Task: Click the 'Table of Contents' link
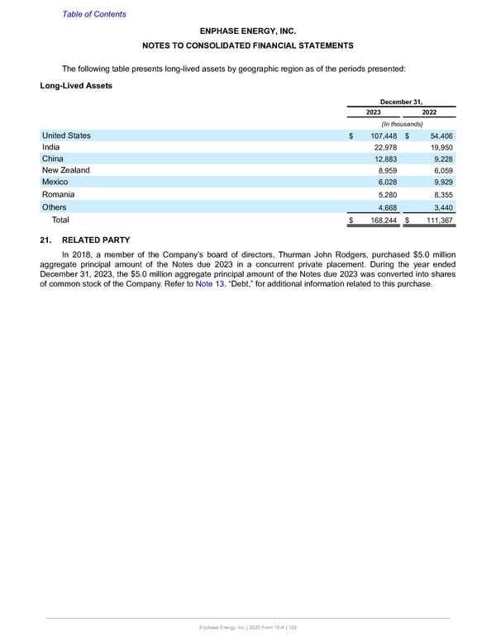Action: [x=92, y=14]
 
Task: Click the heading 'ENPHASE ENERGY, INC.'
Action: [x=248, y=31]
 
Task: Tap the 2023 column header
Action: [x=374, y=112]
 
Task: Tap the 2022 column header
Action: [x=430, y=112]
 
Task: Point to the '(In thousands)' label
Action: [x=401, y=124]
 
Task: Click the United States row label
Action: [x=66, y=135]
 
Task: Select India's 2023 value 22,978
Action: [x=384, y=147]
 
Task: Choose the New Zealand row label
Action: [x=65, y=170]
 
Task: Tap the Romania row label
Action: [x=60, y=195]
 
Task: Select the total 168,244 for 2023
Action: [x=381, y=221]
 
